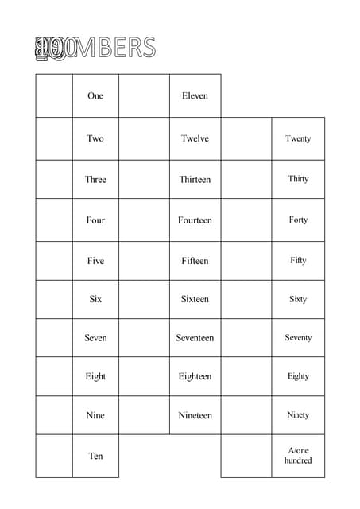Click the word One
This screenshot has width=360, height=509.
(x=95, y=96)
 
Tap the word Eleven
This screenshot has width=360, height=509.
(x=195, y=96)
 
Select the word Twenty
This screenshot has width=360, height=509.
(x=298, y=138)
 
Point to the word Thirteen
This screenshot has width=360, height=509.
(x=195, y=180)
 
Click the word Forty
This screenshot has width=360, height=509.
(x=298, y=220)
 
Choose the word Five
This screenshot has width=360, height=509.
(x=95, y=261)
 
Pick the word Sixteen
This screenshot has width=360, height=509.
(x=195, y=300)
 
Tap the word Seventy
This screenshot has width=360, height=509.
(x=298, y=338)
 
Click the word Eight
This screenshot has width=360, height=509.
(x=95, y=376)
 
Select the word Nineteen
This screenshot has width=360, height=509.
(x=195, y=415)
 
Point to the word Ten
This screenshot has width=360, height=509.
(x=95, y=456)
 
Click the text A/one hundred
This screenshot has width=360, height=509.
(x=298, y=456)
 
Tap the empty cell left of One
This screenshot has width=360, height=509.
(x=54, y=96)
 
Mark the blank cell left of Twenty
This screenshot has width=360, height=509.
(x=246, y=138)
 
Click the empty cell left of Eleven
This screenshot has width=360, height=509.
(x=144, y=96)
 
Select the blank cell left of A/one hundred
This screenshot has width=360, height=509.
(x=246, y=456)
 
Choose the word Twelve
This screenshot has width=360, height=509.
(x=195, y=138)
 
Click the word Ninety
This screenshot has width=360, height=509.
(x=298, y=415)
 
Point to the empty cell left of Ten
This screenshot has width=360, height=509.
(x=54, y=456)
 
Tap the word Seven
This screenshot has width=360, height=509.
(x=95, y=338)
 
